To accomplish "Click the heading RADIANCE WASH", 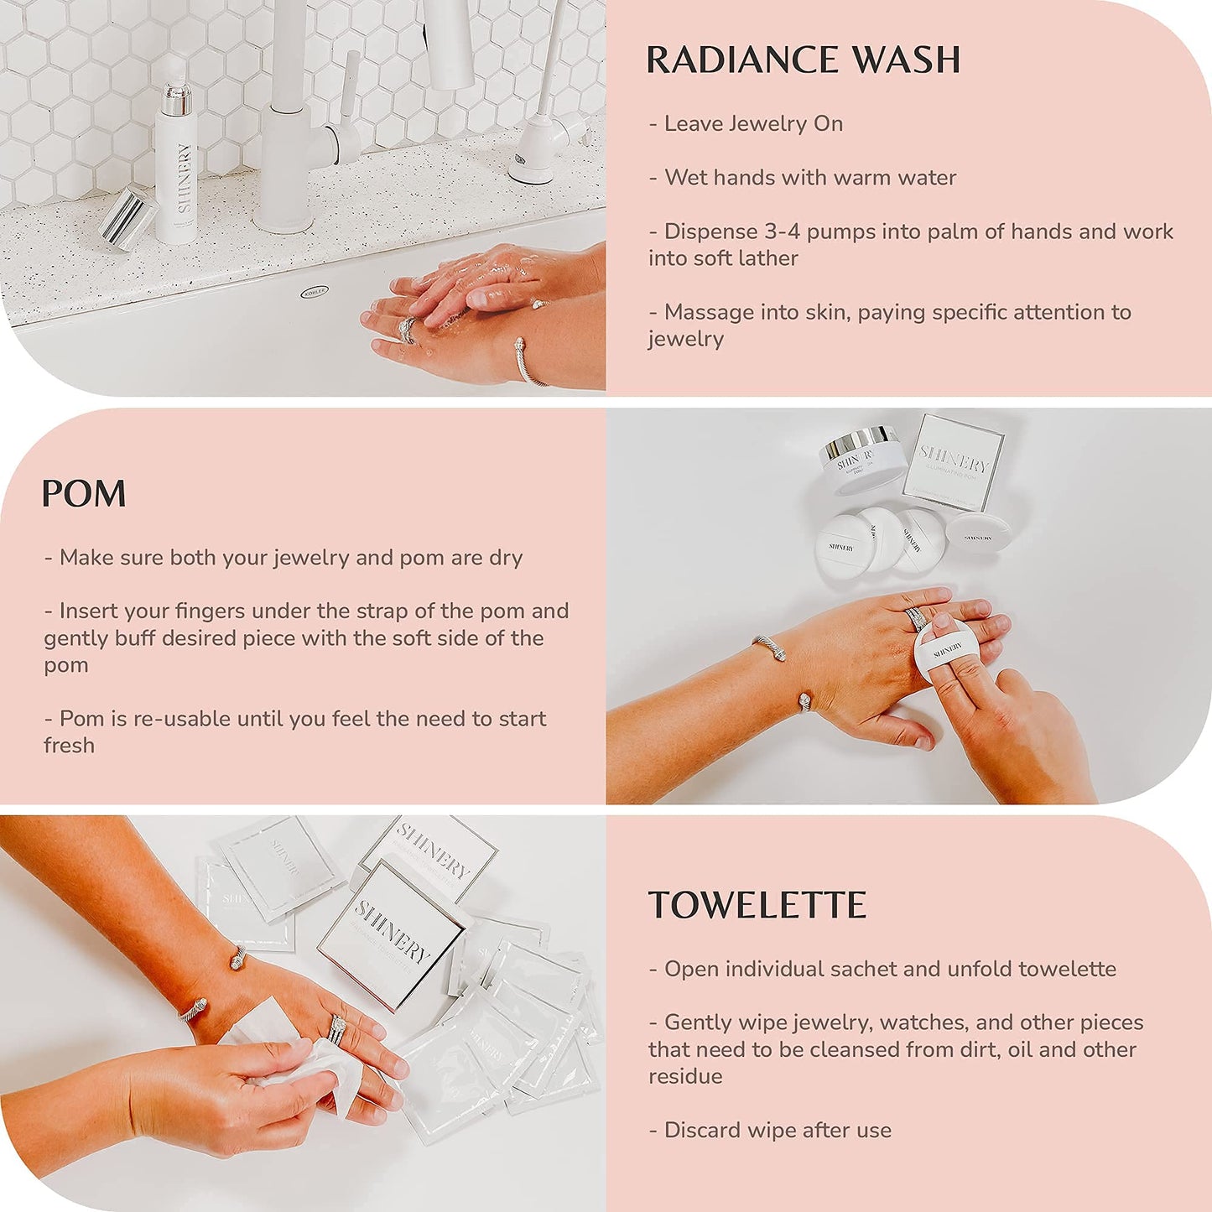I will pyautogui.click(x=803, y=60).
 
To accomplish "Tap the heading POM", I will pyautogui.click(x=84, y=494).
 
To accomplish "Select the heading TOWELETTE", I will pyautogui.click(x=757, y=906).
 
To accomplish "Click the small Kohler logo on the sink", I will pyautogui.click(x=315, y=291).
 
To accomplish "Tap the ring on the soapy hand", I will pyautogui.click(x=407, y=330).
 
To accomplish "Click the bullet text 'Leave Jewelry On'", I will pyautogui.click(x=752, y=124).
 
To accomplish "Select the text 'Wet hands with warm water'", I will pyautogui.click(x=809, y=178).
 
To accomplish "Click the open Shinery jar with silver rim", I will pyautogui.click(x=861, y=460).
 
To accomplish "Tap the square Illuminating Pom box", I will pyautogui.click(x=954, y=463).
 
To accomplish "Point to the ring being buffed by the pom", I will pyautogui.click(x=916, y=619).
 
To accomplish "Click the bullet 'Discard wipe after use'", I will pyautogui.click(x=777, y=1131).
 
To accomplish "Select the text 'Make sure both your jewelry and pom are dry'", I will pyautogui.click(x=290, y=558).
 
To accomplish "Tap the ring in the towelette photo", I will pyautogui.click(x=336, y=1028).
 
